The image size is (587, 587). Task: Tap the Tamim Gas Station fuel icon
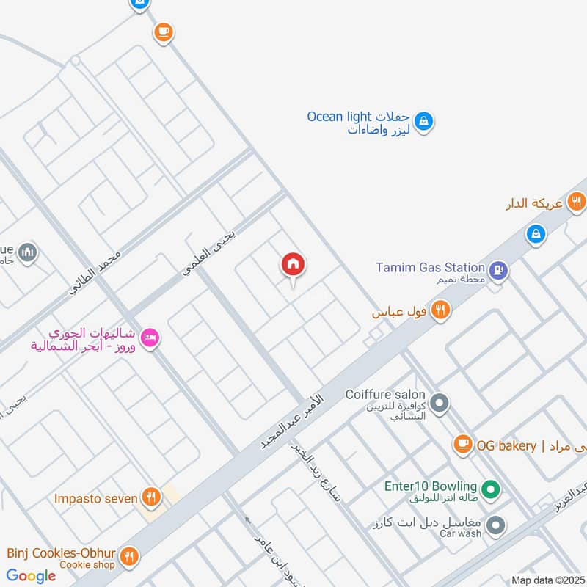499,269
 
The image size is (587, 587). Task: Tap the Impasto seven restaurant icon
150,497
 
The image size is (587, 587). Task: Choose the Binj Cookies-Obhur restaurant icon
129,557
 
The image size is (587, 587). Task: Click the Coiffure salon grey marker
440,403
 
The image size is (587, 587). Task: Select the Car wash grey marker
497,525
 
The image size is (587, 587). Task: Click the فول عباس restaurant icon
440,310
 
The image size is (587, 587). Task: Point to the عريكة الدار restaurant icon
577,200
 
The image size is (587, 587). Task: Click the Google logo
32,576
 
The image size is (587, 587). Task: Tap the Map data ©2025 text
549,580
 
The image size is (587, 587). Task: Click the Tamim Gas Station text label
430,268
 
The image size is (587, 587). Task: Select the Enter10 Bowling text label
431,486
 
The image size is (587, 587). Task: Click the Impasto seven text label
95,499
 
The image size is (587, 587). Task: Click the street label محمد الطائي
95,274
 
